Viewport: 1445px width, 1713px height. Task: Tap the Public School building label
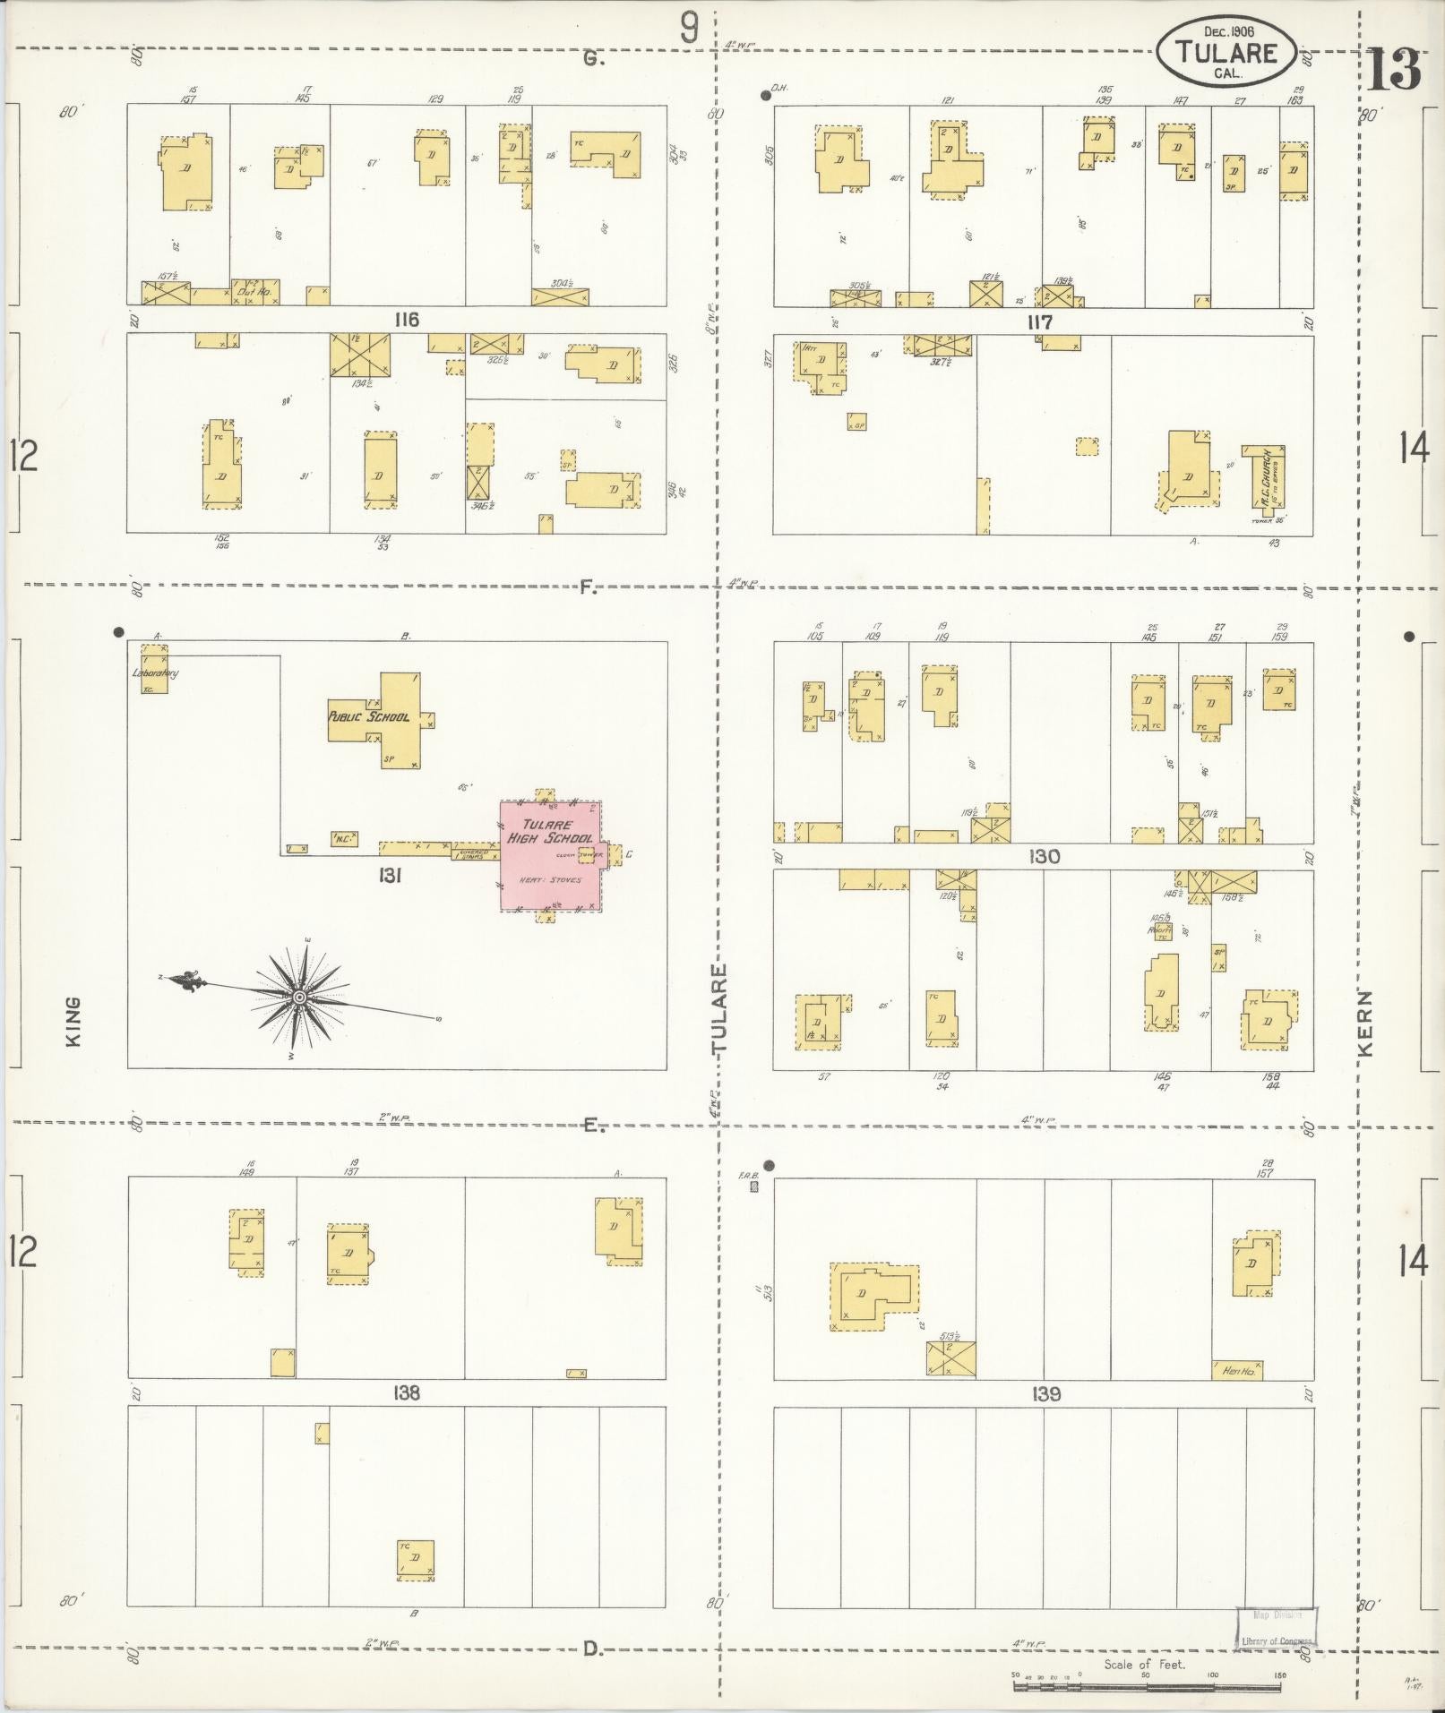click(368, 716)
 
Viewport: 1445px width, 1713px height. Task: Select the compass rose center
click(299, 997)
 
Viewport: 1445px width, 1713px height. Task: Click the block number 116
click(407, 320)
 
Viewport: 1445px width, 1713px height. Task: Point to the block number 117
click(1039, 321)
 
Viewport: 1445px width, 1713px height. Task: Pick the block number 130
click(1045, 857)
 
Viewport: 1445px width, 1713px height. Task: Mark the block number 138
click(407, 1394)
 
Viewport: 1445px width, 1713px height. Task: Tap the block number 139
click(1045, 1394)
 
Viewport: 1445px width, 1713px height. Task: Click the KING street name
click(73, 1021)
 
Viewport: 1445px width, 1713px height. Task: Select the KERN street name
click(1366, 1022)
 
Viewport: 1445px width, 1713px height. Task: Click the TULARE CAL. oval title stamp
click(1226, 53)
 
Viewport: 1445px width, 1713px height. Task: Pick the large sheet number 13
click(1394, 70)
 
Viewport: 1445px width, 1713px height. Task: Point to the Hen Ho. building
click(1237, 1370)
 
